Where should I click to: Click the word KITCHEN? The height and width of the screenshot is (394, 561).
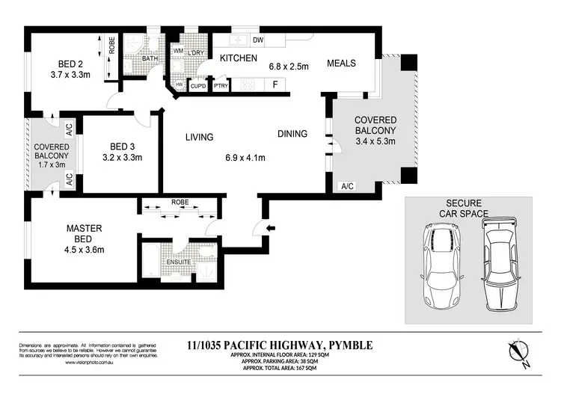238,58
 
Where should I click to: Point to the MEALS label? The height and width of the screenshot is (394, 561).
341,63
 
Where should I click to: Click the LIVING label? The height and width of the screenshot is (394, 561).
200,137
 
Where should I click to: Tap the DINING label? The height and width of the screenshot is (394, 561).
292,135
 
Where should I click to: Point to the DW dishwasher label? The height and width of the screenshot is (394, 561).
257,40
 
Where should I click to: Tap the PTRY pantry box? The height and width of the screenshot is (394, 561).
221,86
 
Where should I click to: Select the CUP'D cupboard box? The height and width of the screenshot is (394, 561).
198,86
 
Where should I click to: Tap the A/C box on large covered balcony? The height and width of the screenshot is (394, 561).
347,185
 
